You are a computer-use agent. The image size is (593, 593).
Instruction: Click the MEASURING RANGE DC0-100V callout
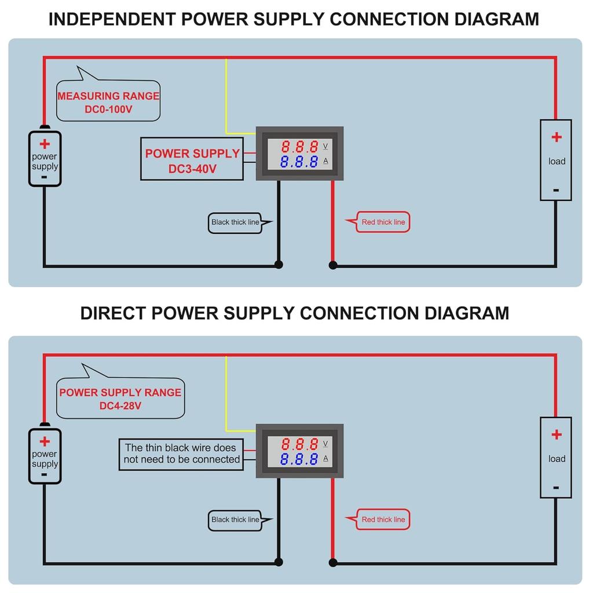pyautogui.click(x=108, y=102)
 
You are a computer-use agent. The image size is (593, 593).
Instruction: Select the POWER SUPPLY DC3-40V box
pyautogui.click(x=192, y=159)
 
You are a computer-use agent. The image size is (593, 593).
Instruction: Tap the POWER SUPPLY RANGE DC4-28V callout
pyautogui.click(x=120, y=398)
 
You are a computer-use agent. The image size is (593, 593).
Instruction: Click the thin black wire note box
pyautogui.click(x=181, y=454)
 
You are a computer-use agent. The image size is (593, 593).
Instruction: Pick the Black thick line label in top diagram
pyautogui.click(x=235, y=222)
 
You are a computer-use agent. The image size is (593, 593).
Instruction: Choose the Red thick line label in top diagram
pyautogui.click(x=383, y=222)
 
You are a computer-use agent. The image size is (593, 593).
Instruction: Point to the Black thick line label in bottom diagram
pyautogui.click(x=235, y=520)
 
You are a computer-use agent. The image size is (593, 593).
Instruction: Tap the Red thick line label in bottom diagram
pyautogui.click(x=383, y=520)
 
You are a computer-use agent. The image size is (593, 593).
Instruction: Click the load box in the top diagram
pyautogui.click(x=556, y=160)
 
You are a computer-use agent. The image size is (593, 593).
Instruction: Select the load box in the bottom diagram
pyautogui.click(x=556, y=457)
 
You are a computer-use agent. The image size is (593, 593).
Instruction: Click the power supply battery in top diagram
pyautogui.click(x=45, y=159)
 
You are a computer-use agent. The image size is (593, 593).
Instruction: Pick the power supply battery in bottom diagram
pyautogui.click(x=45, y=456)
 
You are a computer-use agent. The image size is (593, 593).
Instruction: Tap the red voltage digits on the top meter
pyautogui.click(x=299, y=147)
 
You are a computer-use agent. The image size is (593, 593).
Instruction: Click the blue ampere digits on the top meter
pyautogui.click(x=299, y=162)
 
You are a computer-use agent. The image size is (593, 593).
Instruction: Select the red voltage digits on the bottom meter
pyautogui.click(x=299, y=444)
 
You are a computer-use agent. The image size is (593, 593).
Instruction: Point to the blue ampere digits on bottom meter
pyautogui.click(x=299, y=459)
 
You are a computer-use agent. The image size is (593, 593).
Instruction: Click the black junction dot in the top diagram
pyautogui.click(x=279, y=265)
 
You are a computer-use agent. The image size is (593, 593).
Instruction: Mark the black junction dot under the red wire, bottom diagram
pyautogui.click(x=333, y=562)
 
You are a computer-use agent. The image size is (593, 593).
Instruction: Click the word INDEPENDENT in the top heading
pyautogui.click(x=112, y=19)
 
